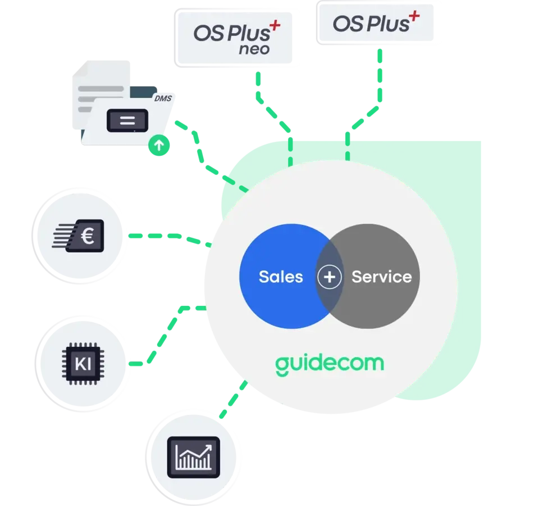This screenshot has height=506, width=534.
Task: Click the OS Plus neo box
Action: point(236,38)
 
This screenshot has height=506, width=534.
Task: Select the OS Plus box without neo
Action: point(376,22)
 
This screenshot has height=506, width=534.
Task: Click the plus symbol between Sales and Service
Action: point(330,277)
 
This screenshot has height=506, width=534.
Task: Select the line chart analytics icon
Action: point(194,454)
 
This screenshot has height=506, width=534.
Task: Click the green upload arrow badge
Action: point(159,146)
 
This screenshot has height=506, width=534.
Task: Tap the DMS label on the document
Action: point(162,99)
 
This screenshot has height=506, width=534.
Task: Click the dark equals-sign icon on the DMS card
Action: point(127,120)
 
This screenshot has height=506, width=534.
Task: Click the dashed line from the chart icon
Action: point(233,400)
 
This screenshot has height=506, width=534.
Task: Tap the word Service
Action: point(381,277)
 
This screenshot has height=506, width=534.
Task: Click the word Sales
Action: point(280,277)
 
